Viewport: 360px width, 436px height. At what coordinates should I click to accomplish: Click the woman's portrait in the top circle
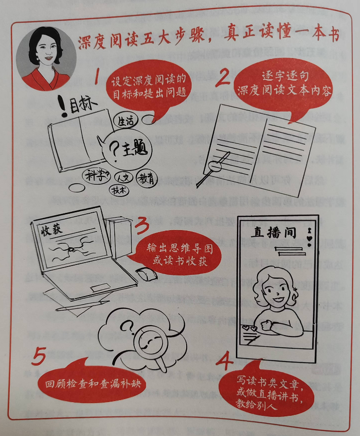pos(46,58)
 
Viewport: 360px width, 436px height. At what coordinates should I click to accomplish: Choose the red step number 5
pos(39,357)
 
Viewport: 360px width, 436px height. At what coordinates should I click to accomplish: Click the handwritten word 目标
pos(79,108)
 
